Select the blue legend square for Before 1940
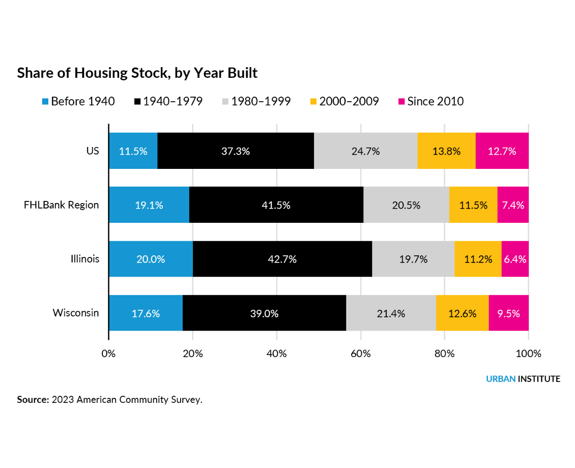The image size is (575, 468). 45,102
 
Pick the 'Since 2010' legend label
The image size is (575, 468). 435,101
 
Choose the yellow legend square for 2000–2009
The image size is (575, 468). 313,102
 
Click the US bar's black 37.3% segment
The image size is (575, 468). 236,151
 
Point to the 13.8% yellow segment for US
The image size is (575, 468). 446,151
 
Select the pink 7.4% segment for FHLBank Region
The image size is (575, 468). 513,204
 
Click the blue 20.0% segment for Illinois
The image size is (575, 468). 151,259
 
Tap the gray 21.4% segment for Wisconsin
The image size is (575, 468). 391,313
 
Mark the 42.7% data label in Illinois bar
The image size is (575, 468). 282,259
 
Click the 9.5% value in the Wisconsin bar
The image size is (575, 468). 509,313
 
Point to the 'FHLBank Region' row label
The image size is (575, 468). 61,204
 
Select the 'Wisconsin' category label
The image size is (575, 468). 76,313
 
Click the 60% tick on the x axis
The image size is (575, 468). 360,354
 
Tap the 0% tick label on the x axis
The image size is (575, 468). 108,354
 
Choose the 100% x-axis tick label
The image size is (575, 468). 528,354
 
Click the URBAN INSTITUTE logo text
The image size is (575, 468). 523,379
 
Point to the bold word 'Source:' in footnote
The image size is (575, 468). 33,399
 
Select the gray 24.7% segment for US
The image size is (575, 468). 366,151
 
